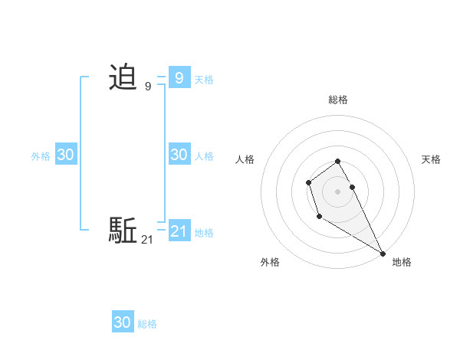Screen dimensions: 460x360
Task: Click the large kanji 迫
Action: pos(123,77)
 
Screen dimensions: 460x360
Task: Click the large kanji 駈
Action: pos(123,230)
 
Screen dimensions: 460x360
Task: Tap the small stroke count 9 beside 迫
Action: pos(147,87)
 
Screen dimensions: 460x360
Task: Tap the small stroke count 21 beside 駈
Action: pos(147,240)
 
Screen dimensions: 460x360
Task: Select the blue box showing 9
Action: pos(179,77)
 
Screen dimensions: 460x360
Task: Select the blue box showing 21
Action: pos(179,231)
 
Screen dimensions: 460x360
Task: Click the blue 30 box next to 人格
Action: pos(179,154)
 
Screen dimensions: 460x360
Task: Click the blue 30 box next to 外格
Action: pos(66,154)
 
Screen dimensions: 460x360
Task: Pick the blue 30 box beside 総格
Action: pos(123,322)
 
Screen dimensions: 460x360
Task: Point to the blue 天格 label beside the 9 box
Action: pos(204,80)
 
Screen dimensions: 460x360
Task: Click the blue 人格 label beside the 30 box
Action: pos(204,156)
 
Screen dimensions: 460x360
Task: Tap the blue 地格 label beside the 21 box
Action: pos(204,233)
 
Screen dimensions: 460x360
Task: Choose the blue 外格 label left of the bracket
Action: pos(41,156)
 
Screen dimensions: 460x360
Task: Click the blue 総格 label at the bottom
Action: pos(147,325)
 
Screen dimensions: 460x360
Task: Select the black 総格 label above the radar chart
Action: pos(338,100)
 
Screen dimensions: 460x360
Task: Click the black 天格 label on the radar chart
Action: pos(431,159)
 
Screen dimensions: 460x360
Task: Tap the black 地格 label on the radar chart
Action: pos(402,262)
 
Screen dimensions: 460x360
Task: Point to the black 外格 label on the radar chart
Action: pos(270,262)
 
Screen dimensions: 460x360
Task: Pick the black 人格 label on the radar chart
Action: pos(245,159)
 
